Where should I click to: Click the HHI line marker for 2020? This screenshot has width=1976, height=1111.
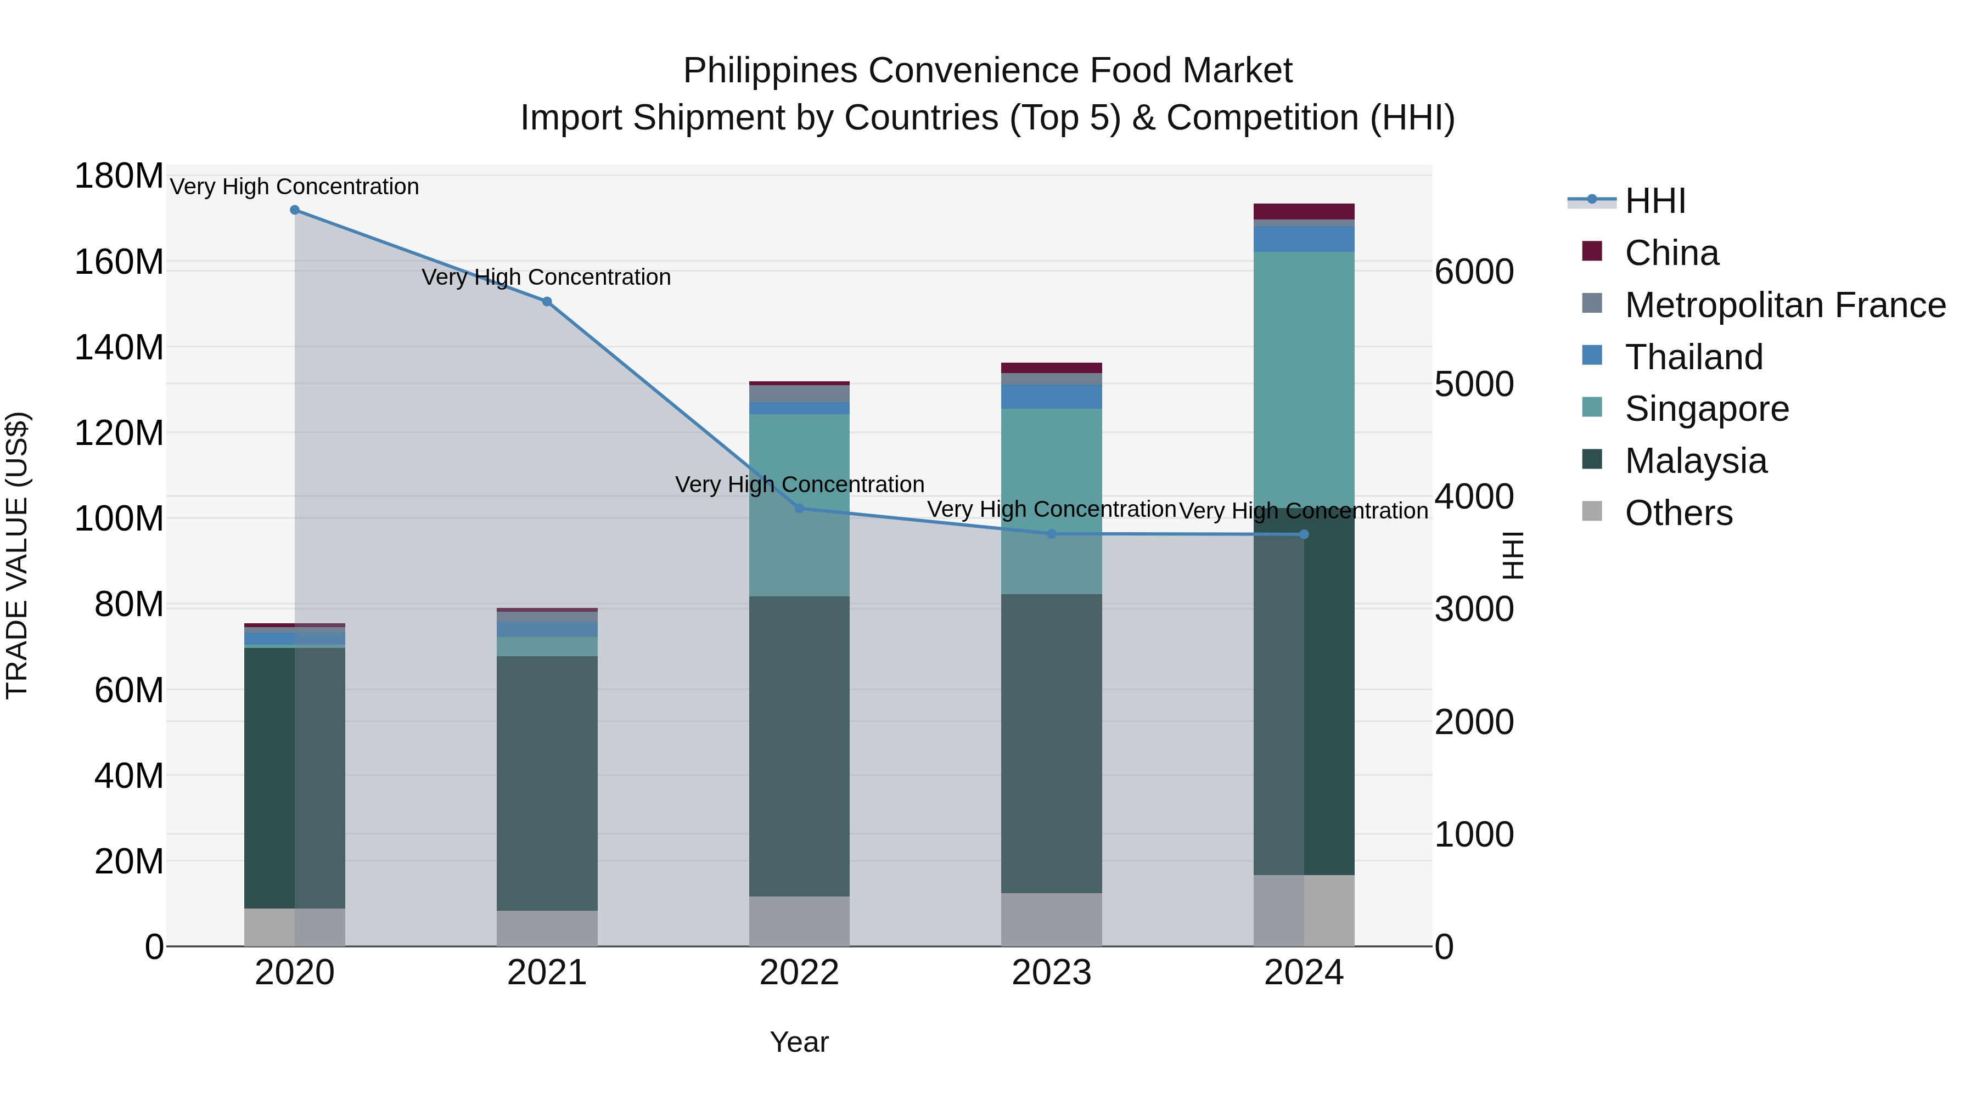click(x=295, y=210)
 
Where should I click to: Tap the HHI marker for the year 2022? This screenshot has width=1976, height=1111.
click(x=799, y=509)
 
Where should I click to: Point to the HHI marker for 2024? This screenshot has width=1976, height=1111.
click(x=1304, y=534)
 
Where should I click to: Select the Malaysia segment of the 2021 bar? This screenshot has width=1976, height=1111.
click(x=547, y=782)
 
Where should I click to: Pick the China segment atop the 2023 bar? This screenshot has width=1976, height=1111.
click(x=1051, y=368)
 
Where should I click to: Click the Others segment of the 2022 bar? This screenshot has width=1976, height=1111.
click(x=799, y=921)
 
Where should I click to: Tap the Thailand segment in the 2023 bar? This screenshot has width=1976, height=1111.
click(x=1051, y=397)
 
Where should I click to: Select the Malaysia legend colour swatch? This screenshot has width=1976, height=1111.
click(x=1592, y=460)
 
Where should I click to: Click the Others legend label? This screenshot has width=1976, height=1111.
click(x=1679, y=513)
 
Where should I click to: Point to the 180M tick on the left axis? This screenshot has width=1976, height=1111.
click(x=119, y=176)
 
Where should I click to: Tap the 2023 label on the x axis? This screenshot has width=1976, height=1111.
click(x=1051, y=973)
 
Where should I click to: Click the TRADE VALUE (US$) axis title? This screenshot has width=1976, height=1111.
click(x=18, y=555)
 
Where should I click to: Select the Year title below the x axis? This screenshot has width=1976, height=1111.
click(x=799, y=1042)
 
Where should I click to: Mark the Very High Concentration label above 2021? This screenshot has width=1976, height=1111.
click(x=546, y=277)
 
